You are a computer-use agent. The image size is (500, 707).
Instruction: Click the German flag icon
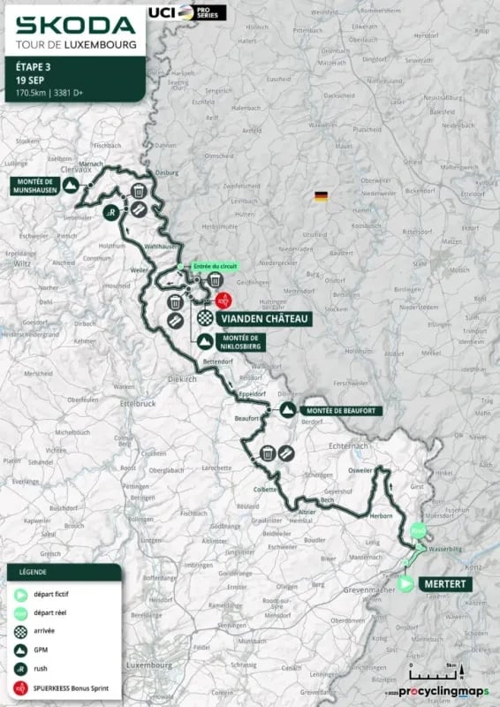(x=319, y=196)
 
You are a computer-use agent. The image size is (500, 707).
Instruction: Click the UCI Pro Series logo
(x=200, y=12)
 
